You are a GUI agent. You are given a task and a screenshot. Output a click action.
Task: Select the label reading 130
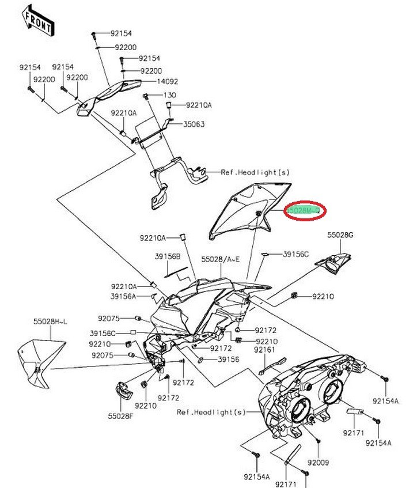click(169, 95)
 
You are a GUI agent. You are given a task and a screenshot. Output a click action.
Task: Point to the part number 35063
click(194, 124)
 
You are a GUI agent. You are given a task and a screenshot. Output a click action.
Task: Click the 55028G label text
click(340, 235)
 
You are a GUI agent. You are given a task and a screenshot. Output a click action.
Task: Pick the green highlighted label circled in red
click(305, 211)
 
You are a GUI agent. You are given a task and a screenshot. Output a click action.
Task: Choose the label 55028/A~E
click(221, 260)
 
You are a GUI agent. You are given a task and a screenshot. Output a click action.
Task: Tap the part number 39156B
click(167, 256)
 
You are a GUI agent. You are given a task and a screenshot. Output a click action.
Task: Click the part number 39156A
click(123, 296)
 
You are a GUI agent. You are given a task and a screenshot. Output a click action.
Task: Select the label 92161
click(265, 349)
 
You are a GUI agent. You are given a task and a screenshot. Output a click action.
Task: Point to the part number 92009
click(317, 463)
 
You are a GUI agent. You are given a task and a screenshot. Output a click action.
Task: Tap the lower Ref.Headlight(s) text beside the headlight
click(211, 412)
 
